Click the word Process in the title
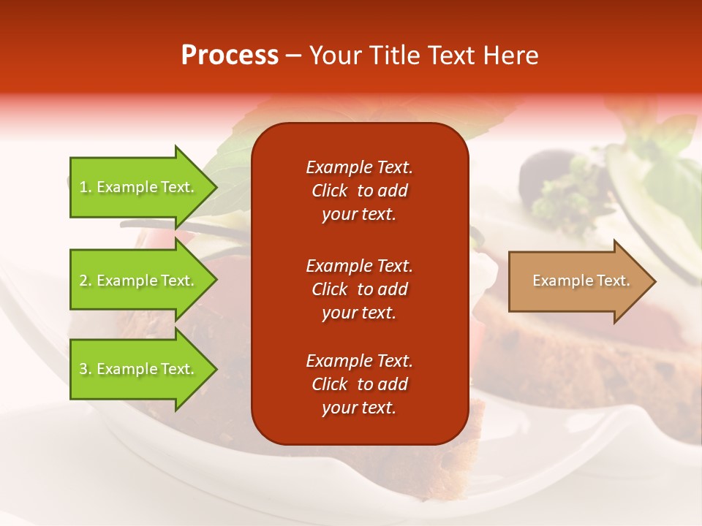coord(230,56)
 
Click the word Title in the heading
coord(391,56)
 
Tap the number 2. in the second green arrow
coord(86,281)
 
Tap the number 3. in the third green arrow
coord(86,369)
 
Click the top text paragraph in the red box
coord(359,191)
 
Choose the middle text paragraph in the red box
coord(359,289)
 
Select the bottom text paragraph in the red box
coord(359,384)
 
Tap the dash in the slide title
coord(294,56)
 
